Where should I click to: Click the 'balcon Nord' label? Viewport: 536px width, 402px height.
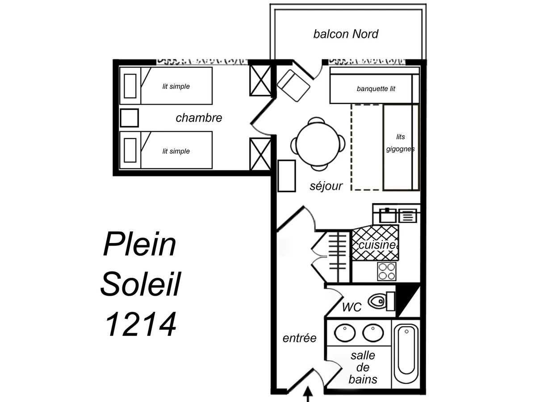(x=346, y=34)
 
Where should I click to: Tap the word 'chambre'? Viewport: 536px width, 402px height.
(x=199, y=118)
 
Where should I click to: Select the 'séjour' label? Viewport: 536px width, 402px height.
(x=326, y=186)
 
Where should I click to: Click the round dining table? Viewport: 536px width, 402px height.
(x=318, y=144)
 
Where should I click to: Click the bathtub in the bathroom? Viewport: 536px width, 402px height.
(x=406, y=350)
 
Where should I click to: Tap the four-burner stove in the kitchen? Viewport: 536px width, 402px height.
(x=386, y=271)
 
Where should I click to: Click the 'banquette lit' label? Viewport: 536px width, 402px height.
(x=376, y=89)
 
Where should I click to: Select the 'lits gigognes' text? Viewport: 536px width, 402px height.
(x=400, y=143)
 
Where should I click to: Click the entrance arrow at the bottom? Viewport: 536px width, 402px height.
(x=308, y=395)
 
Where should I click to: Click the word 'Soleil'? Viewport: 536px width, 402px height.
(x=140, y=284)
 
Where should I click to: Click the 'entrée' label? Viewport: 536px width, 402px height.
(x=299, y=338)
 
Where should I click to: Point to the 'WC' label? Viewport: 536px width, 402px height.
(x=352, y=307)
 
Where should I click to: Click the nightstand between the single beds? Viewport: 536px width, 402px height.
(x=130, y=118)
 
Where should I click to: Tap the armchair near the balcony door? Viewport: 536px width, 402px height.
(x=293, y=85)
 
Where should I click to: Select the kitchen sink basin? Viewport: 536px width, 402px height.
(x=388, y=216)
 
